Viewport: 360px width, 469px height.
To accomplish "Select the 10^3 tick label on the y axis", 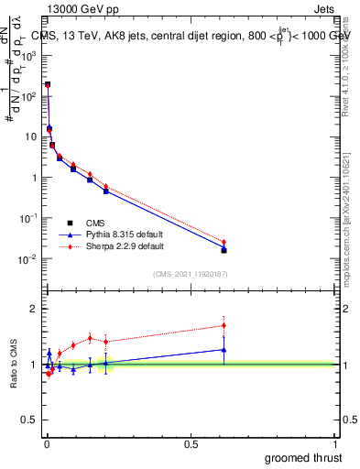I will point(27,55).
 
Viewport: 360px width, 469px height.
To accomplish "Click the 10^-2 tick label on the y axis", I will point(27,259).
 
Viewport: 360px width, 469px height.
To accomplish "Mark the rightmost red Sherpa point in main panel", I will point(224,242).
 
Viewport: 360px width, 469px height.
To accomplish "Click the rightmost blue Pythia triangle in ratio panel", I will point(224,349).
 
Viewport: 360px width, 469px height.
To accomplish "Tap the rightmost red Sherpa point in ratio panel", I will point(224,325).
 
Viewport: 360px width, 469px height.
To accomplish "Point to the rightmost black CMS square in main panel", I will point(224,250).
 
